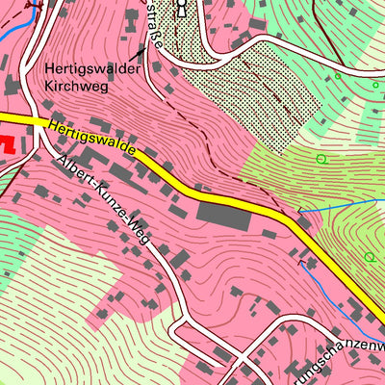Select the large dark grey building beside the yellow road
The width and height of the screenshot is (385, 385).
coord(224,216)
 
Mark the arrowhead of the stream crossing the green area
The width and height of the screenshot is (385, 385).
coord(299,210)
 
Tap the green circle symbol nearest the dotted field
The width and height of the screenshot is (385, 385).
coord(321,159)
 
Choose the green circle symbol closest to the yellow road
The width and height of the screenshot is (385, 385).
coord(370,257)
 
